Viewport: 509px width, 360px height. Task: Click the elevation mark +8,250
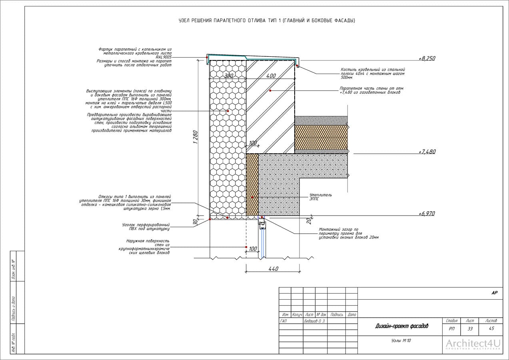(427, 58)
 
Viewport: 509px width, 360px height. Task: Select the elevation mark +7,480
(427, 152)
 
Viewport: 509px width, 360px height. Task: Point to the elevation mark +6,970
(427, 214)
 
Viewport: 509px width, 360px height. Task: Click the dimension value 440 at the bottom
(273, 269)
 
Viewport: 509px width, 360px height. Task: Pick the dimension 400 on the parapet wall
(271, 76)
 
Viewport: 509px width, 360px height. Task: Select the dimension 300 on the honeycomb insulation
(228, 76)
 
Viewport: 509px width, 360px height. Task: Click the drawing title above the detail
(267, 20)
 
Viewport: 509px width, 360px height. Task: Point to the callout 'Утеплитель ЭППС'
(321, 197)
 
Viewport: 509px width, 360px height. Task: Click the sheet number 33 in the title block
(470, 329)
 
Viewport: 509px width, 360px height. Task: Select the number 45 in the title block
(491, 329)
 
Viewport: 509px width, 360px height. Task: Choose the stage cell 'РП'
(451, 329)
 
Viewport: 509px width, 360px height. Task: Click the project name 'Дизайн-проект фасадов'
(401, 326)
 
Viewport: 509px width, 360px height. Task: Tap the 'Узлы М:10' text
(401, 341)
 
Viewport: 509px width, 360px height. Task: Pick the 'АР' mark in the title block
(494, 293)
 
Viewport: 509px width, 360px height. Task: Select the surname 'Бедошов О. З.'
(315, 321)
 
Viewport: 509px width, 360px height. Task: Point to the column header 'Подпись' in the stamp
(337, 315)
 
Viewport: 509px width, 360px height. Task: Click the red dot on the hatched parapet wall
(271, 91)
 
